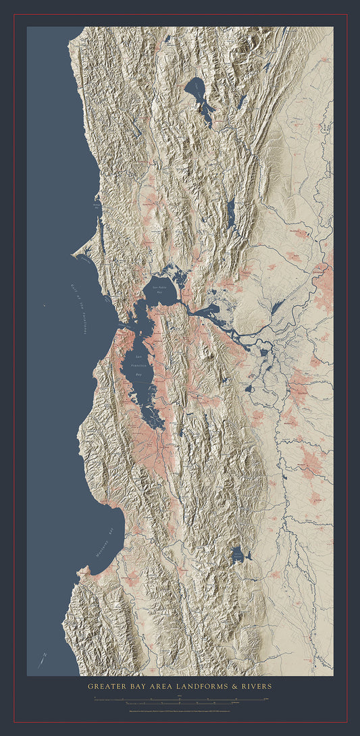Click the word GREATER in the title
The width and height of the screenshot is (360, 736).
pyautogui.click(x=107, y=687)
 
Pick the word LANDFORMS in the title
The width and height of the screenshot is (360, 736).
pyautogui.click(x=212, y=687)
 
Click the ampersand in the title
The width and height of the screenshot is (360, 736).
pyautogui.click(x=240, y=687)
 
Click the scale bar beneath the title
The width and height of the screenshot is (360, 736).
pyautogui.click(x=180, y=700)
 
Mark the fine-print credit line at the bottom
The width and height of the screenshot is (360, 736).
pyautogui.click(x=180, y=710)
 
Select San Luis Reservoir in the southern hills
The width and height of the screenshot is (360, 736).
pyautogui.click(x=237, y=555)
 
